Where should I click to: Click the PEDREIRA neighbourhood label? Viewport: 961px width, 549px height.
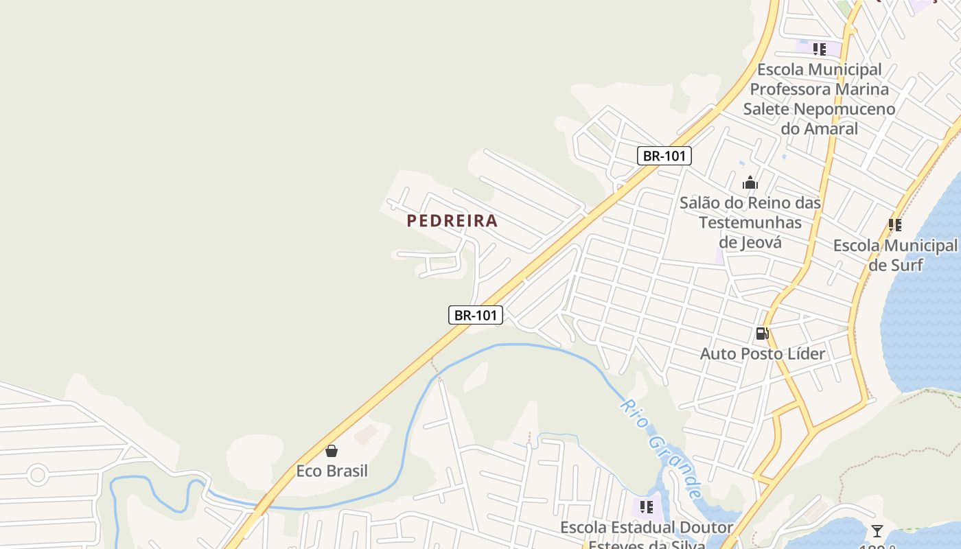pos(452,221)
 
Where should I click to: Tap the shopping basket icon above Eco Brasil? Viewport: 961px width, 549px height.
pos(332,451)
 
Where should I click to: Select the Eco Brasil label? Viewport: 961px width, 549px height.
pos(332,471)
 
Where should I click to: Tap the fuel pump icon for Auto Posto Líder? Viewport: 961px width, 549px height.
pos(762,334)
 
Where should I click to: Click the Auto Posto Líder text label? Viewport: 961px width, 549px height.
pos(762,354)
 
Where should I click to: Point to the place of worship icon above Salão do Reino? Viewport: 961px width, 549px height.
pos(750,183)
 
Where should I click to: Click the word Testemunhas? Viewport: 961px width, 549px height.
pos(750,222)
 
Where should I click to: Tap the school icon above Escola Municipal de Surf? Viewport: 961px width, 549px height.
pos(894,225)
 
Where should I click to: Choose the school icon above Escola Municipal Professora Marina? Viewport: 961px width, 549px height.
pos(819,49)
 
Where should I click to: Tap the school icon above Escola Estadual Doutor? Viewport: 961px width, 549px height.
pos(646,507)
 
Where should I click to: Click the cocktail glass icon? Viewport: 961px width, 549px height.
pos(877,530)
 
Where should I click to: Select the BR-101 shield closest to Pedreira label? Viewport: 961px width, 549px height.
pos(476,315)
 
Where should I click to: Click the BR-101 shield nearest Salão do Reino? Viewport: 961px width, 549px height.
pos(664,156)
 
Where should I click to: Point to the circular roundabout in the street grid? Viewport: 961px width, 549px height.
pos(38,474)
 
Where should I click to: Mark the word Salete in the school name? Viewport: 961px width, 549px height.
pos(766,109)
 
